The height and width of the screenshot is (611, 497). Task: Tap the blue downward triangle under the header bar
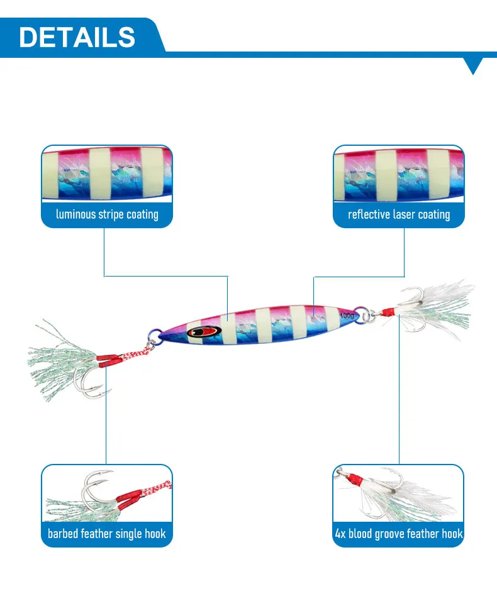[473, 65]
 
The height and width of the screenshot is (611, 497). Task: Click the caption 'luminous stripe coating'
[107, 214]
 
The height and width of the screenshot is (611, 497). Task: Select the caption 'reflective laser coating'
[399, 214]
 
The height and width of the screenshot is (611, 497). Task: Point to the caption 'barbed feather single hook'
[107, 534]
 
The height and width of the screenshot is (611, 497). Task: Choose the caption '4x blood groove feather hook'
[399, 534]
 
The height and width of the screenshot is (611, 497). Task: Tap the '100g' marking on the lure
[346, 314]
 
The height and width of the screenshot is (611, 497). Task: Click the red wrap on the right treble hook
[390, 311]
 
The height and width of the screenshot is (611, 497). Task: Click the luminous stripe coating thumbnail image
[107, 173]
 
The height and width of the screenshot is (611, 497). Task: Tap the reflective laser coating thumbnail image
[399, 173]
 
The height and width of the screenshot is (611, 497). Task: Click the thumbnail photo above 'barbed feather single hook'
[107, 493]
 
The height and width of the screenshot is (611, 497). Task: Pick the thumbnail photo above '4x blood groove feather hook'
[399, 493]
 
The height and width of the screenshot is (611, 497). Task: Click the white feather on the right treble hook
[444, 302]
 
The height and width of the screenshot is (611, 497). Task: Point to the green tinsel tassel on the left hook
[57, 368]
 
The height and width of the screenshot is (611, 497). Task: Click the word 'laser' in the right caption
[404, 214]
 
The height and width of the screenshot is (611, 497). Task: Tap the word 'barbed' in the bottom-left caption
[63, 534]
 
